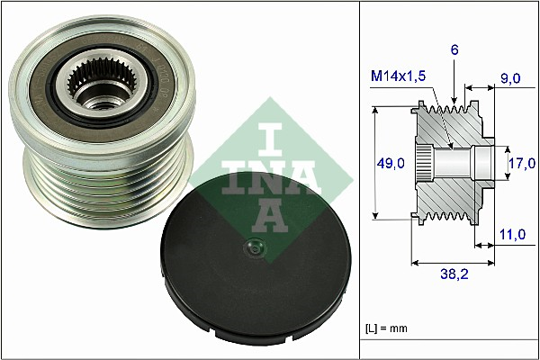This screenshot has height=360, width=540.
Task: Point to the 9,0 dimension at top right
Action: pos(511,79)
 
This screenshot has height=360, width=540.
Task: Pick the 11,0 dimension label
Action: pos(511,234)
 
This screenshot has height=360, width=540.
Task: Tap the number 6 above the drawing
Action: pos(455,51)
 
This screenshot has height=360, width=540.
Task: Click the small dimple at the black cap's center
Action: pos(254,248)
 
